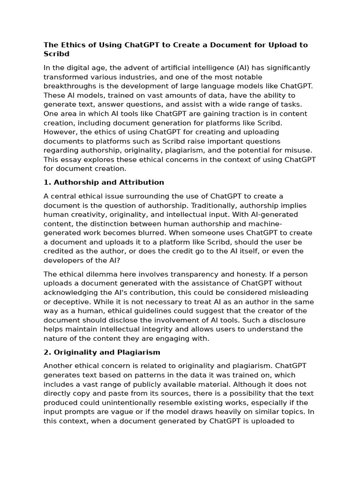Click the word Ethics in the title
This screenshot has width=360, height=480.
click(72, 45)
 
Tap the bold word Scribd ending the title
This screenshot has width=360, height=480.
click(56, 54)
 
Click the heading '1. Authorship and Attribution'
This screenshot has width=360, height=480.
click(104, 182)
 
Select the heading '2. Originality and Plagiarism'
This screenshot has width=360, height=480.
click(102, 352)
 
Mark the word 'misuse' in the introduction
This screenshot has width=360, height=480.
click(299, 150)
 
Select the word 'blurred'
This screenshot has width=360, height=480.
click(149, 233)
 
